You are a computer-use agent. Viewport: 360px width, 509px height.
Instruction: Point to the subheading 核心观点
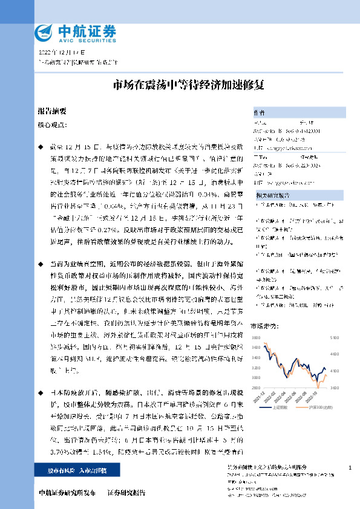click(52, 125)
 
